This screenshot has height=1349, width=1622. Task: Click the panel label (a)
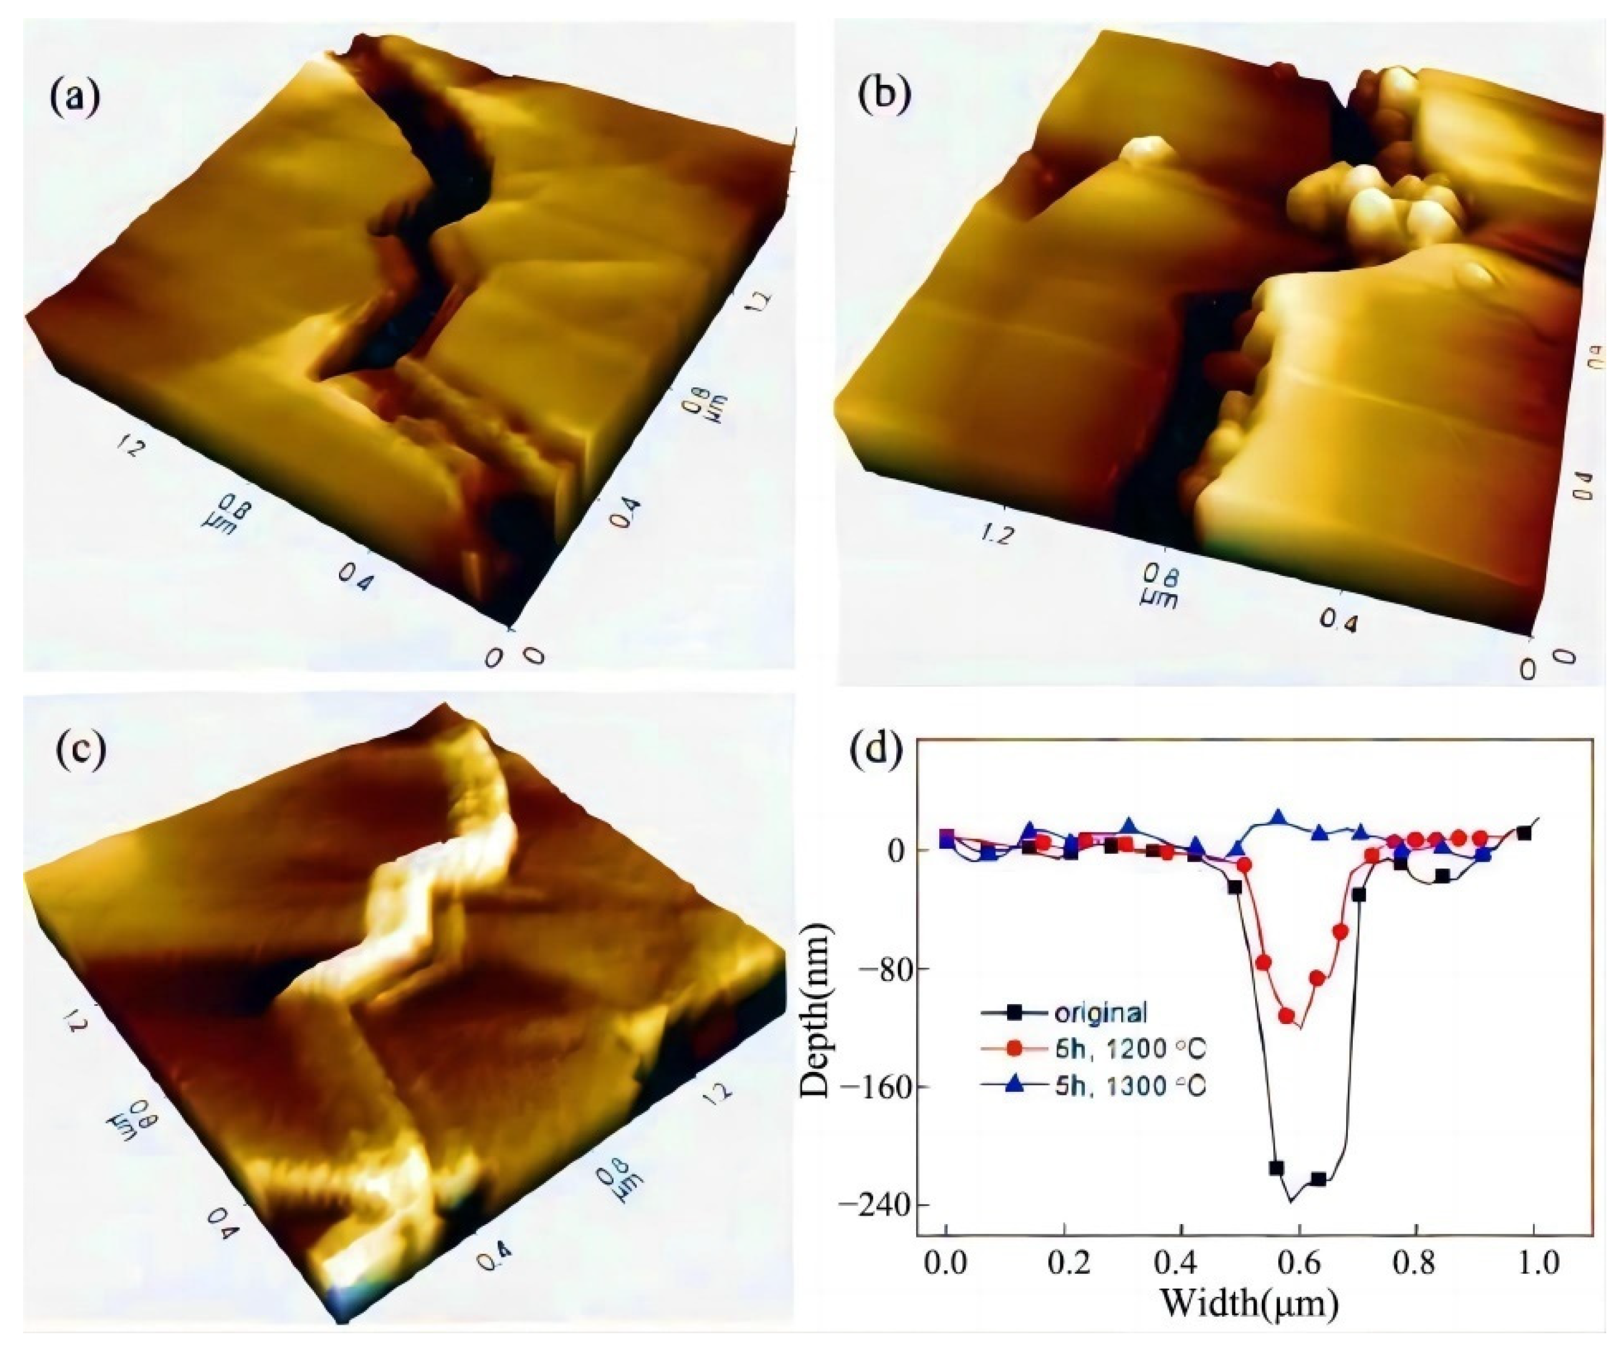[x=75, y=98]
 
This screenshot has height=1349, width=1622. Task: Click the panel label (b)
[x=885, y=94]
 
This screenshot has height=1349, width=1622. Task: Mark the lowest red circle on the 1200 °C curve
[x=1287, y=1016]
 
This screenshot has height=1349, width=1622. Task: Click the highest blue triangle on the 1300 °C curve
[x=1278, y=817]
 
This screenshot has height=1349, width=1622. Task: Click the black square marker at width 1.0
[x=1524, y=833]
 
